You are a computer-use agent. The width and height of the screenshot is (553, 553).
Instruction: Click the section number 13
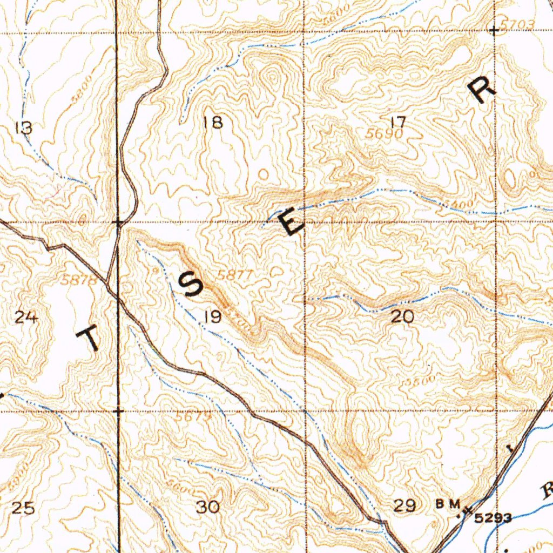[24, 128]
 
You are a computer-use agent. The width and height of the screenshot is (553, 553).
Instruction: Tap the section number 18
[214, 123]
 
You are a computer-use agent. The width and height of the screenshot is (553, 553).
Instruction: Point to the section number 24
[26, 318]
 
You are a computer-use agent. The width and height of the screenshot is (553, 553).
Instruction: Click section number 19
[212, 316]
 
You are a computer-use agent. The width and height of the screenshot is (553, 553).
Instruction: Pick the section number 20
[402, 317]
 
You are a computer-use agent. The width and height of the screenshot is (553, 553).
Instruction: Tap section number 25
[23, 508]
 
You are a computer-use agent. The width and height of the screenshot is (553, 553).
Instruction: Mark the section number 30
[208, 507]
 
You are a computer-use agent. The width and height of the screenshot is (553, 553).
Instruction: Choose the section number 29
[404, 506]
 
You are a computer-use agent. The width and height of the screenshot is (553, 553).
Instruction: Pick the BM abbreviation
[448, 504]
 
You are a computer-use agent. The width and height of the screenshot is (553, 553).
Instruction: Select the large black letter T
[90, 340]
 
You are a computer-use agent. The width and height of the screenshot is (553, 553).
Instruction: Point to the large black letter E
[292, 224]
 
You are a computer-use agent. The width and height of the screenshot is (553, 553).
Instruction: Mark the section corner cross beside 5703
[494, 31]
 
